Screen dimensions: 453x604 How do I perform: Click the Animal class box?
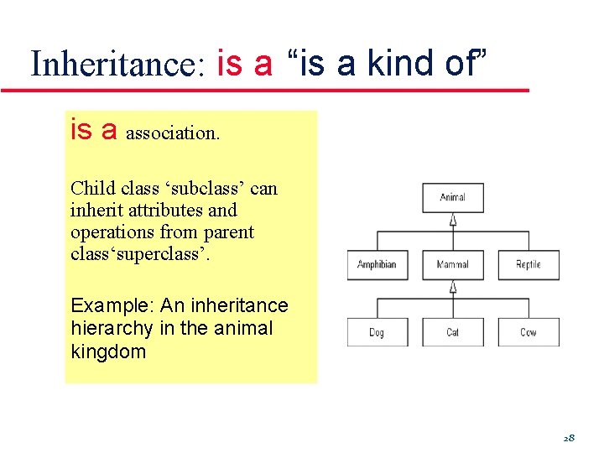pos(453,198)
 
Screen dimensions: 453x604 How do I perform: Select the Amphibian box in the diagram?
pos(377,265)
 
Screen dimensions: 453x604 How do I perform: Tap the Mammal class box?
pos(453,265)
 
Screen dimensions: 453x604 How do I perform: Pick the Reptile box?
pos(528,265)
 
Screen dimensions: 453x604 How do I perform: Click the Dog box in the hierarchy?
pos(377,332)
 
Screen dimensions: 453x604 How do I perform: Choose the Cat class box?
pos(453,332)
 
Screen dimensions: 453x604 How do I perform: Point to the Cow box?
pos(528,332)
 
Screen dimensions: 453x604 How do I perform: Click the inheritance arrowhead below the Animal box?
pos(453,220)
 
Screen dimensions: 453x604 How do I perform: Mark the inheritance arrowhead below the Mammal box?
pos(453,287)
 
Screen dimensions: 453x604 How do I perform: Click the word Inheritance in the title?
pos(117,65)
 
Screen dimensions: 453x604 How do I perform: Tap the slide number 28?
pos(568,438)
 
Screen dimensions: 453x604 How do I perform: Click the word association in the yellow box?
pos(173,133)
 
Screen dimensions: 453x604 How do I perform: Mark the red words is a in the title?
pos(244,64)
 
